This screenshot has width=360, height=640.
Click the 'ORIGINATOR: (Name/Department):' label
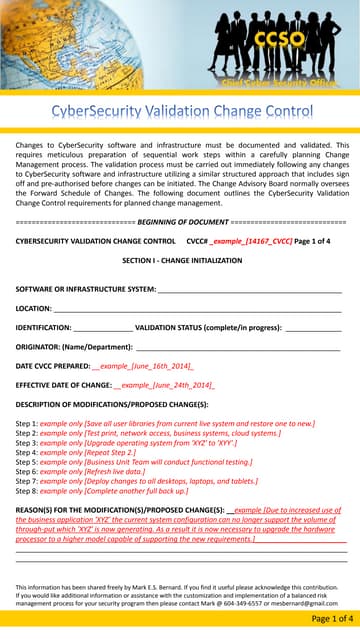[75, 346]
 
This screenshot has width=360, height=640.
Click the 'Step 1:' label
[27, 424]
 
